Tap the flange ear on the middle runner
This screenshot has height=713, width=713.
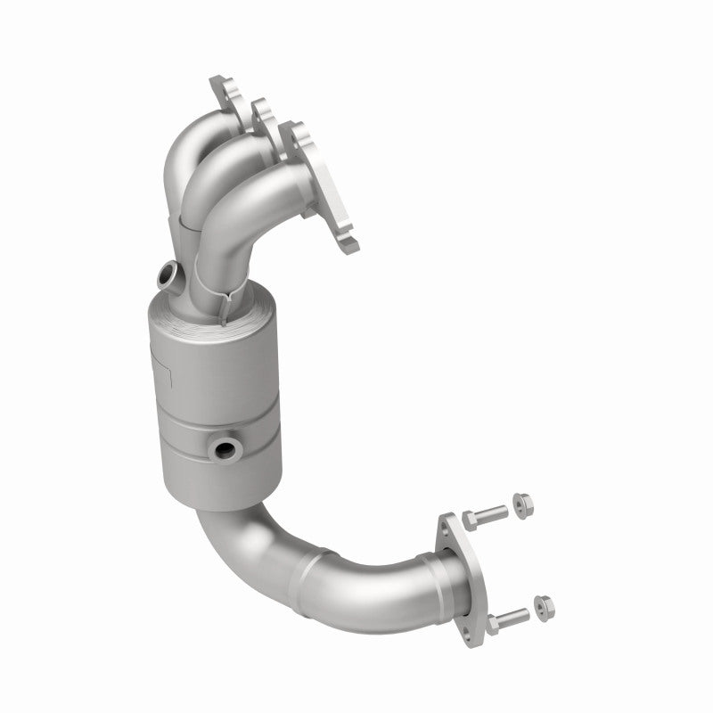point(259,111)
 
